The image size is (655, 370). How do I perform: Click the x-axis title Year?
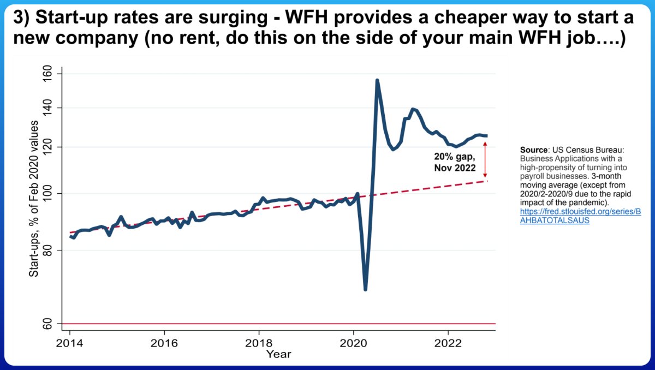(x=279, y=354)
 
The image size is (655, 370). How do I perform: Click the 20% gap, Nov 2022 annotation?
(x=455, y=163)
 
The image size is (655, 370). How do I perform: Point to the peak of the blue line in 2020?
(x=377, y=80)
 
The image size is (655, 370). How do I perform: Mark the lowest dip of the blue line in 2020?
(x=365, y=290)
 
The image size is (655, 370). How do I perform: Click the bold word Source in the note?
(x=533, y=149)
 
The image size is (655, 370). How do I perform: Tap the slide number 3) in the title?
(x=22, y=18)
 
